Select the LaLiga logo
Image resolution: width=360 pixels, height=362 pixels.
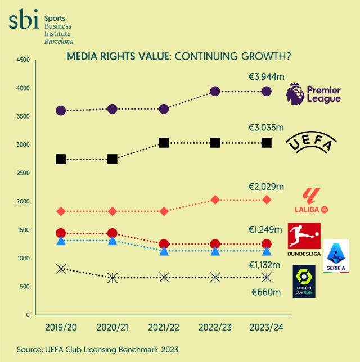[x=311, y=201]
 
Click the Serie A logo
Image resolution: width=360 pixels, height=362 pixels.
[x=336, y=256]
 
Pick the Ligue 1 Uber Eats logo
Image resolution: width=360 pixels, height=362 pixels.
[x=304, y=281]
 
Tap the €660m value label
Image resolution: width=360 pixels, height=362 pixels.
[x=265, y=293]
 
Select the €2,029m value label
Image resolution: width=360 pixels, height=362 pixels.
[x=266, y=187]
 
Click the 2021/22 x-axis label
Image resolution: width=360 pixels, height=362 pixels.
[x=164, y=327]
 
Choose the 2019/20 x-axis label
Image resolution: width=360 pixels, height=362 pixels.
[x=61, y=327]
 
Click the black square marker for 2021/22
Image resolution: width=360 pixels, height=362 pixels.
[x=164, y=143]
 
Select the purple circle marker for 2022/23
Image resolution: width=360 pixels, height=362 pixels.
[x=215, y=91]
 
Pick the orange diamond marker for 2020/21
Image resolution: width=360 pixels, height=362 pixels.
[x=112, y=211]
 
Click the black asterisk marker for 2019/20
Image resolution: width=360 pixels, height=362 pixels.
[x=61, y=269]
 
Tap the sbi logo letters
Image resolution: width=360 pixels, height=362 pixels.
[x=24, y=21]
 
